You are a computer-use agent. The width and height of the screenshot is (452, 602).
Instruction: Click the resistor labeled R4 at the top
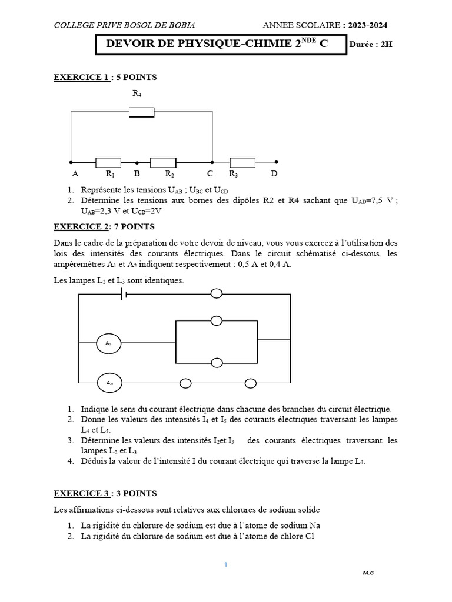[x=141, y=112]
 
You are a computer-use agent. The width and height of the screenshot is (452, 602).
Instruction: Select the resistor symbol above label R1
[x=108, y=162]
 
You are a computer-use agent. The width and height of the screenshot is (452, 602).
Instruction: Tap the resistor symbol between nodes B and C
[x=163, y=162]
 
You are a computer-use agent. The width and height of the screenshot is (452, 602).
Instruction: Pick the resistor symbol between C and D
[x=242, y=162]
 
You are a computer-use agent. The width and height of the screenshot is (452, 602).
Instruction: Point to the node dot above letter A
[x=71, y=162]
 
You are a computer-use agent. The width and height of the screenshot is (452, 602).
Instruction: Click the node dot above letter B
[x=137, y=162]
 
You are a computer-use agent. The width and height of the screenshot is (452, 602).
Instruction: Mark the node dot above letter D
[x=276, y=162]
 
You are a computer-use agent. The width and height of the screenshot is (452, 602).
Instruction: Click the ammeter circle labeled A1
[x=109, y=343]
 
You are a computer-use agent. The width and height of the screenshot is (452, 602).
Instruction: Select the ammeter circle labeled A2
[x=109, y=383]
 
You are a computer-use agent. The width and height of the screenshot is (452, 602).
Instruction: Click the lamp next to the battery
[x=217, y=293]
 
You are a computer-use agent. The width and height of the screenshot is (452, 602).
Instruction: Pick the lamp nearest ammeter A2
[x=185, y=383]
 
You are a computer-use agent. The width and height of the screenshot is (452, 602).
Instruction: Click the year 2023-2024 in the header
[x=367, y=25]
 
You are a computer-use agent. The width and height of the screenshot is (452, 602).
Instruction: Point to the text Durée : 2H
[x=370, y=45]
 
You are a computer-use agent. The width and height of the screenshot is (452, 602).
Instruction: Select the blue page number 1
[x=225, y=565]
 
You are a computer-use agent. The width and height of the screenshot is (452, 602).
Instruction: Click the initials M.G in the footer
[x=368, y=573]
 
